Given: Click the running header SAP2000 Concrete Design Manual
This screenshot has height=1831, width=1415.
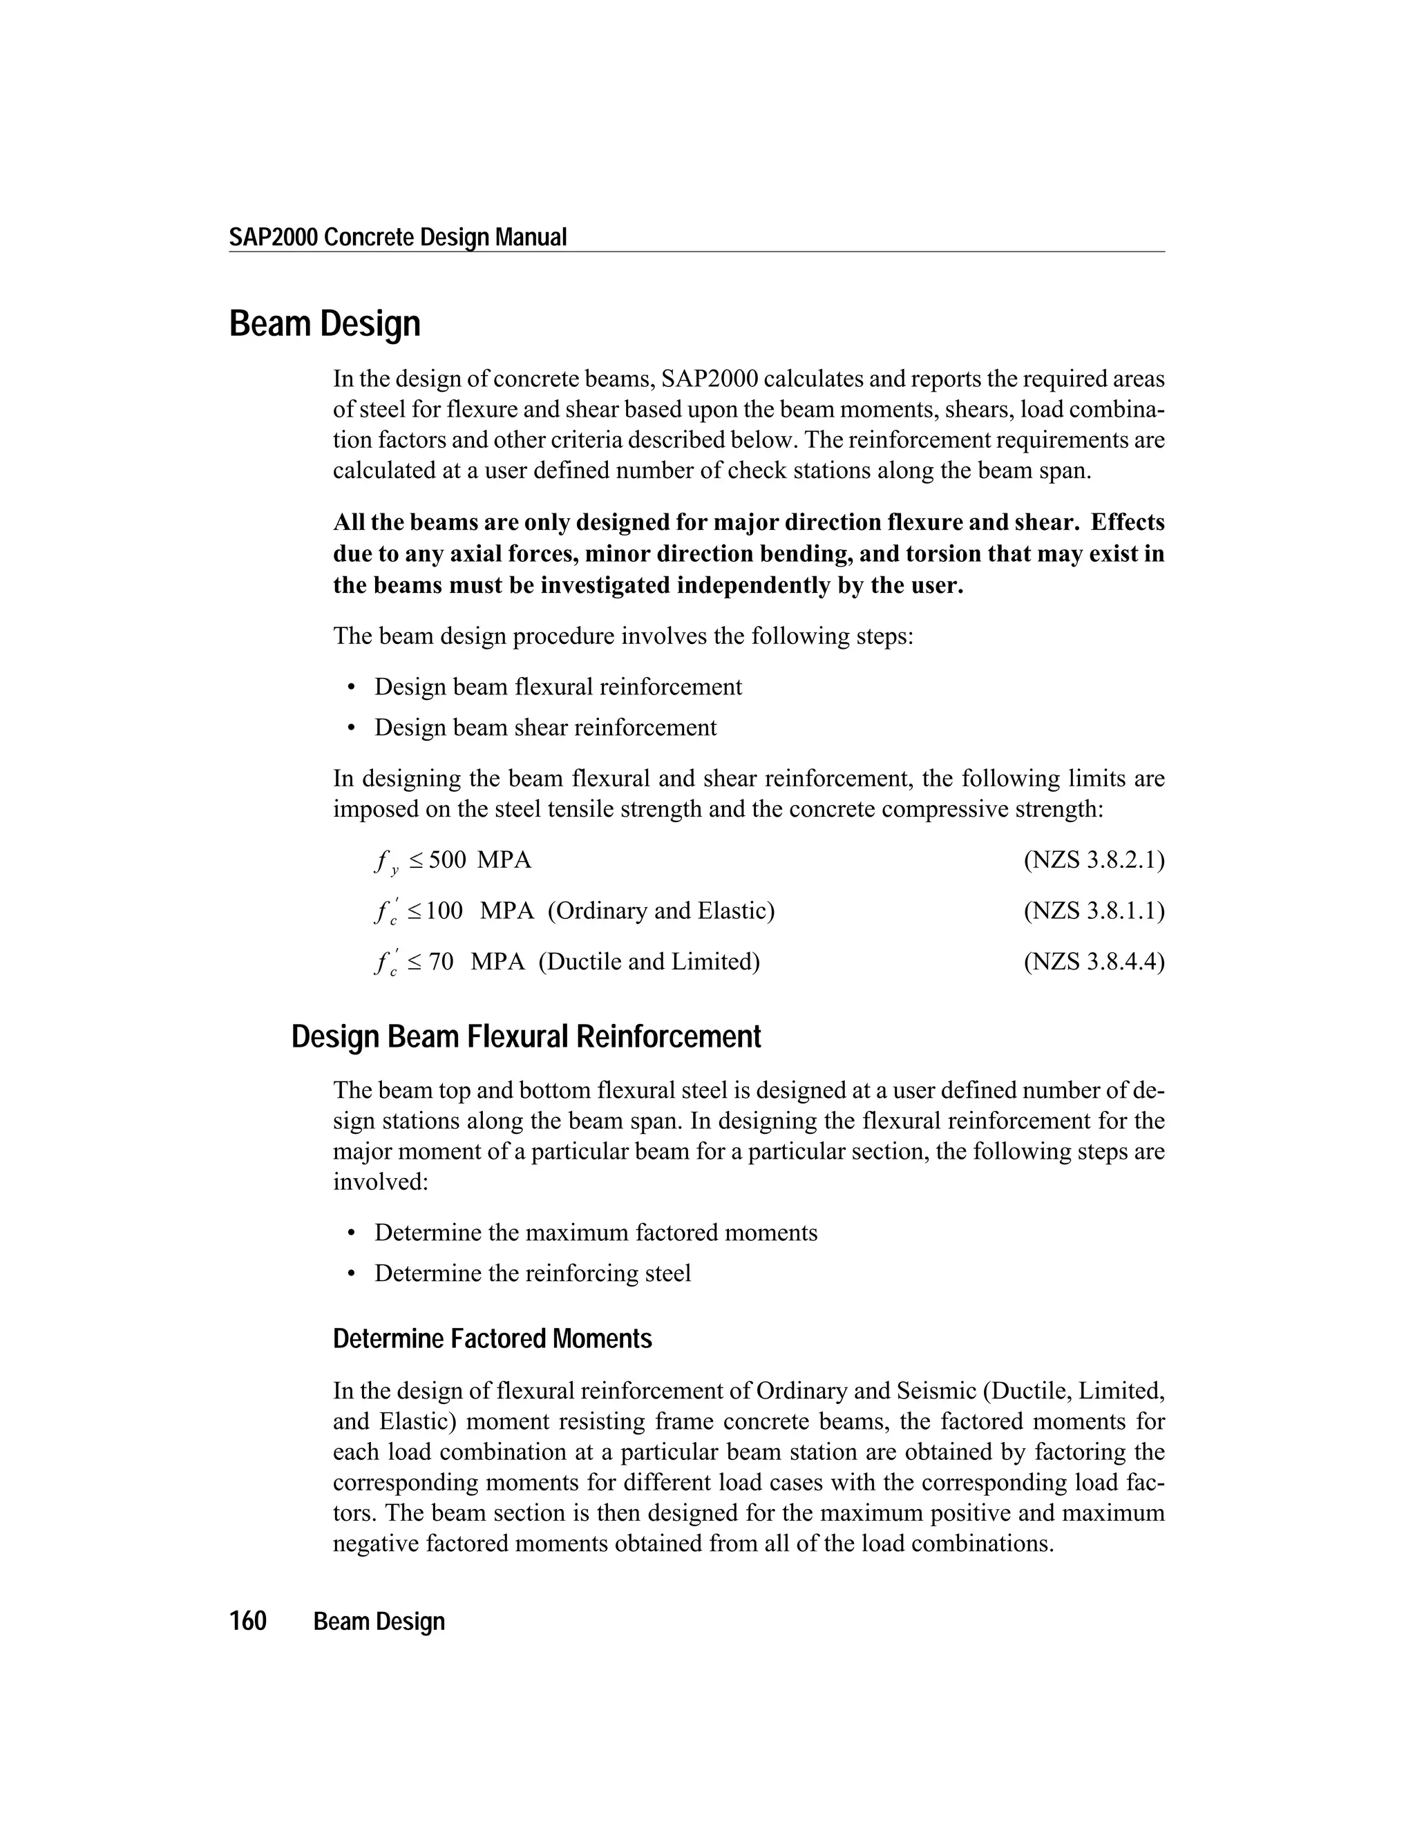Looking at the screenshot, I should [x=397, y=237].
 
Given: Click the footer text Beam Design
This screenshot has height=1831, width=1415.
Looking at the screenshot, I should [x=379, y=1622].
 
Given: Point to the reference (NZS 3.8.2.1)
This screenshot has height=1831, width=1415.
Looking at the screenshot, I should [x=1093, y=860].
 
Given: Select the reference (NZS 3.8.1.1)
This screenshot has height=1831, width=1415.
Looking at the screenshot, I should [x=1093, y=911].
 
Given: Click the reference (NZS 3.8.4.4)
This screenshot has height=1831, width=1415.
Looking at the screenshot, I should [x=1093, y=961].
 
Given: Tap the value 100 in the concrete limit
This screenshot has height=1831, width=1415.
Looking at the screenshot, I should [x=444, y=911].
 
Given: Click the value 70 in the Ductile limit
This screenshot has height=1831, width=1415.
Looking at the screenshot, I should [x=441, y=961].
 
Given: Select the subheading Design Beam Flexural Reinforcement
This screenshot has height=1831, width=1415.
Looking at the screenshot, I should [x=526, y=1037].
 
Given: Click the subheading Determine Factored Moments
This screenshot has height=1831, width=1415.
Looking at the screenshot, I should [x=492, y=1339].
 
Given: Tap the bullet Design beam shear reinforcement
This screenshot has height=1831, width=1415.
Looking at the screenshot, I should [x=545, y=727].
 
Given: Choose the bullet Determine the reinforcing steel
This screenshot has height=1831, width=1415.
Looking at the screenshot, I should [x=532, y=1273].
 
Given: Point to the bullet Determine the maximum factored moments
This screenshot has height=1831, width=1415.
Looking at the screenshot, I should [x=595, y=1233].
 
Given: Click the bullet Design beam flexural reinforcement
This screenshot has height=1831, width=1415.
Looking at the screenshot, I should [x=558, y=687].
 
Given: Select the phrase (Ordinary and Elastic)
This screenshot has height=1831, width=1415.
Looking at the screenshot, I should [x=661, y=911].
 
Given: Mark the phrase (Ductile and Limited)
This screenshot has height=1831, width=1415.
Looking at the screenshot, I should [x=649, y=961].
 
